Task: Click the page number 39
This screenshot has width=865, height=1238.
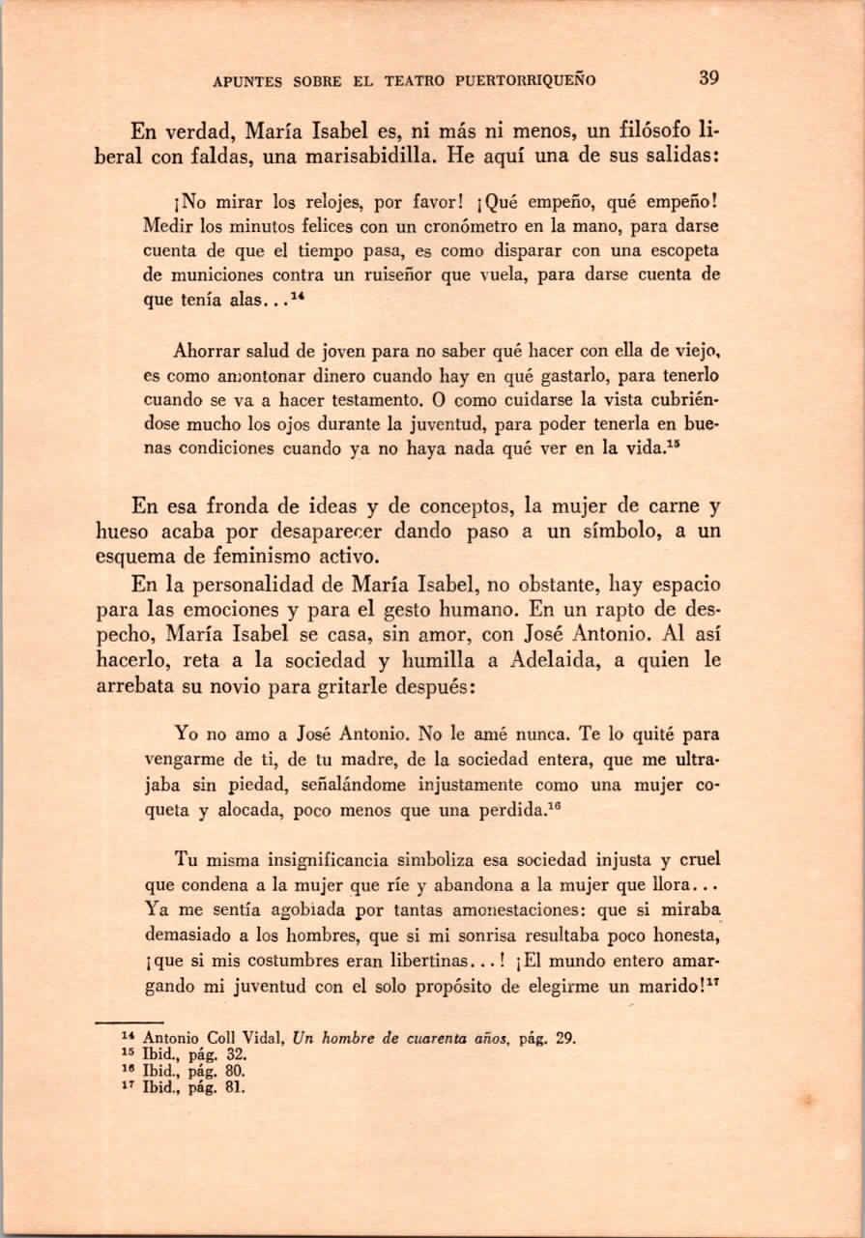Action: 708,77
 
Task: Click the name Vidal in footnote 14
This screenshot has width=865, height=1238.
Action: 257,1039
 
